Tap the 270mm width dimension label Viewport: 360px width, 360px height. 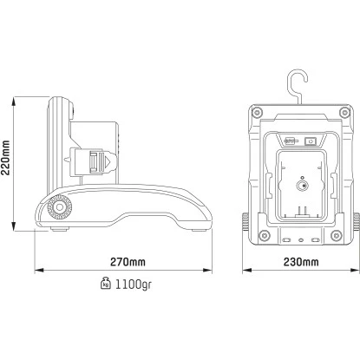pyautogui.click(x=127, y=261)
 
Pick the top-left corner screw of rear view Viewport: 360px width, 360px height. pyautogui.click(x=255, y=112)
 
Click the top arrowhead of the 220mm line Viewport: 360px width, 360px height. pyautogui.click(x=16, y=98)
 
